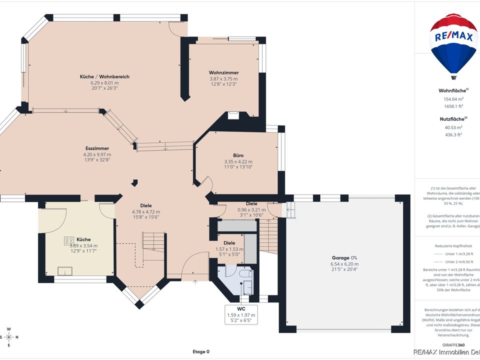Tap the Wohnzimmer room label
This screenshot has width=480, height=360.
pos(223,73)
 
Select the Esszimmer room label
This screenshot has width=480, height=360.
pos(97,148)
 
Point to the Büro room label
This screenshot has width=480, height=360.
pos(238,155)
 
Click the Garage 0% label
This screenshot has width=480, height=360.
pos(344,257)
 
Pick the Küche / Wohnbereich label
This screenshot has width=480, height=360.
pos(104,76)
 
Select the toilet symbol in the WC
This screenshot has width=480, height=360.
pos(245,274)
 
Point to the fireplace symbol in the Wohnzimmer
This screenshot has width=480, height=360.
pos(233,116)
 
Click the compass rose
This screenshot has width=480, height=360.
pos(8,336)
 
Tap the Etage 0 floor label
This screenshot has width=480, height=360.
pos(200,351)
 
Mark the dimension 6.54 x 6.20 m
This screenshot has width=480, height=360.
pos(344,264)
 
